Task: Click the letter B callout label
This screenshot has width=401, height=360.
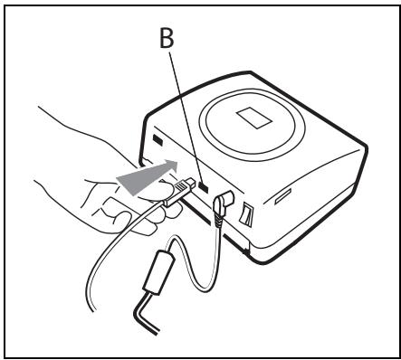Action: click(x=167, y=39)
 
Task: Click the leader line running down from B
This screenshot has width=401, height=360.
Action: click(x=185, y=118)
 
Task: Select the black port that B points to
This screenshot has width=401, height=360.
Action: click(x=204, y=187)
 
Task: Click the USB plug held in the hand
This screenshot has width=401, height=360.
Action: click(x=180, y=191)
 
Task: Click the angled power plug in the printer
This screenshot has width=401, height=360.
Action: click(x=223, y=204)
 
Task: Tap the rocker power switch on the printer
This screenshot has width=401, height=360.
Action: click(x=247, y=213)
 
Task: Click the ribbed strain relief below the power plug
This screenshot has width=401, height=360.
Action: click(x=219, y=222)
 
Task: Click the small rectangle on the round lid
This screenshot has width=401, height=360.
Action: click(x=254, y=118)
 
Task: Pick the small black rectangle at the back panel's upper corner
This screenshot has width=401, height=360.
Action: click(x=158, y=140)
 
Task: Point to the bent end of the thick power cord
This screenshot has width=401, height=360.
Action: click(x=144, y=314)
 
